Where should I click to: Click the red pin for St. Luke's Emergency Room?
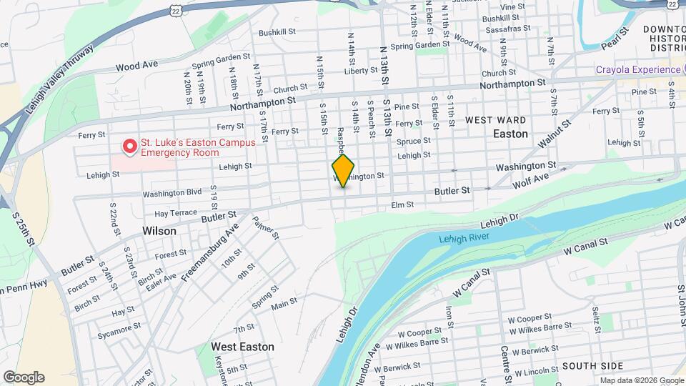[130, 147]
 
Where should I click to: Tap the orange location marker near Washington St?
[343, 170]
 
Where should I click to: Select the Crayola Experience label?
[638, 69]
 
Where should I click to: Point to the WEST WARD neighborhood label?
[496, 120]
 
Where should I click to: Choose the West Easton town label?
[242, 347]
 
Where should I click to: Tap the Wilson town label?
[159, 231]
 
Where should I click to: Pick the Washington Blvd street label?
[172, 193]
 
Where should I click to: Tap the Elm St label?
[402, 204]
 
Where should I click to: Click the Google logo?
[24, 377]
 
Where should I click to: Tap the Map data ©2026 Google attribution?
[641, 380]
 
